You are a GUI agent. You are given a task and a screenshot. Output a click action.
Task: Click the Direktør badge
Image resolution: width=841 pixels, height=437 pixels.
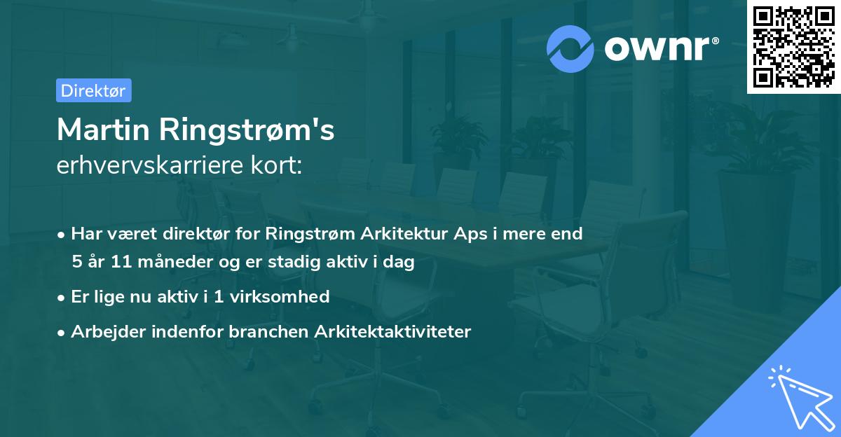tap(93, 90)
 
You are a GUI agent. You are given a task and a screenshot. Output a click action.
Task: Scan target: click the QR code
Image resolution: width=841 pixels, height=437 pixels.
tap(794, 46)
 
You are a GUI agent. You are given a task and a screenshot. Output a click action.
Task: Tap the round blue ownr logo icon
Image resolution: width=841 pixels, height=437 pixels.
tap(570, 48)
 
